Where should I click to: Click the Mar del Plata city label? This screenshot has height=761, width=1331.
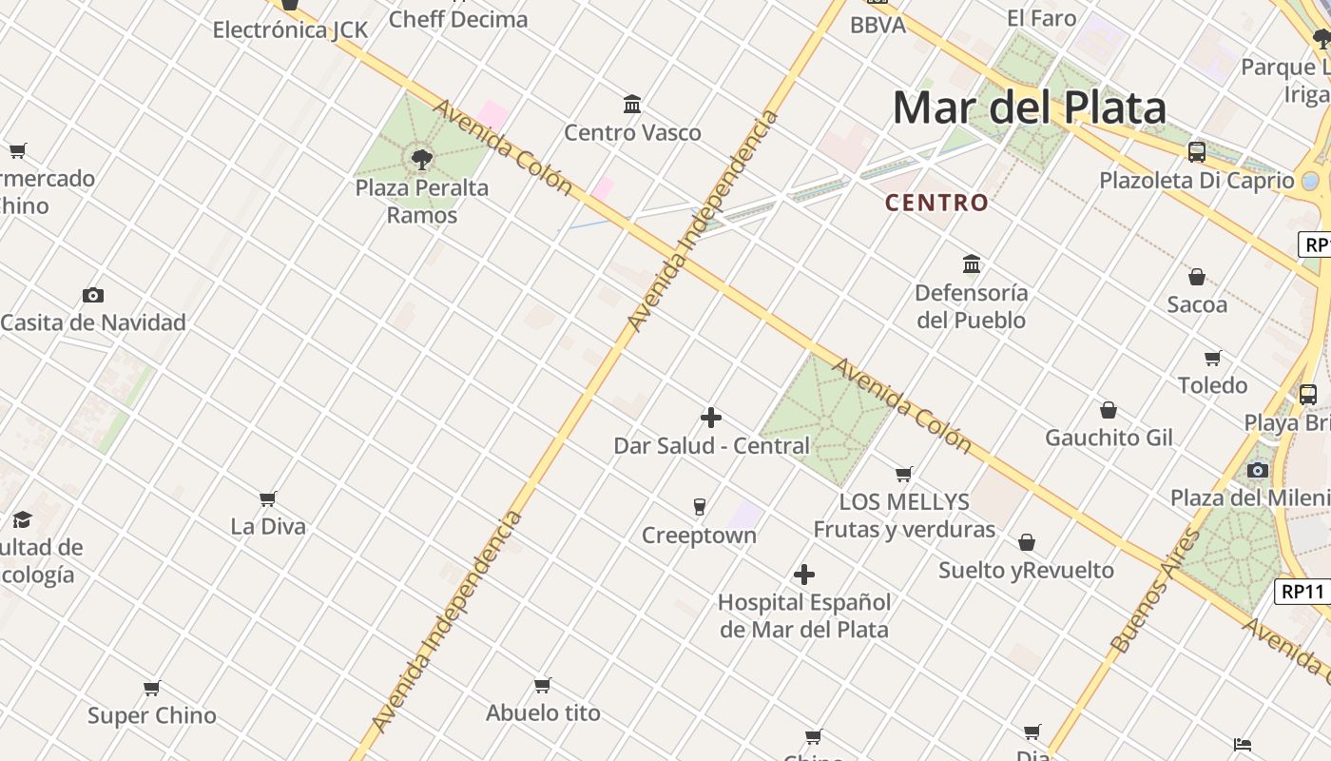click(1029, 107)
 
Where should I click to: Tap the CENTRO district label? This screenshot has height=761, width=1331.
click(936, 203)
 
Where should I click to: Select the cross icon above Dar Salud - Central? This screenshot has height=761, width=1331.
click(710, 418)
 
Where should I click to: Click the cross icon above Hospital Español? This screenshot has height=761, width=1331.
click(804, 575)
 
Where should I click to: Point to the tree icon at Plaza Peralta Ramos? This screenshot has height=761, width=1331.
click(422, 159)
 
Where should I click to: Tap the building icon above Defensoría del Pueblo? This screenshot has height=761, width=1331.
click(972, 263)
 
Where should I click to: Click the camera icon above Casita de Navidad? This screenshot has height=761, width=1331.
click(92, 295)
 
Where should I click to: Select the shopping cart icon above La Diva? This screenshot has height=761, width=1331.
click(268, 498)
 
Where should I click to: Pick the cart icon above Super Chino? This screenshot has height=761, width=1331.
click(151, 688)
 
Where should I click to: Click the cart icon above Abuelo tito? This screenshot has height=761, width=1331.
click(543, 685)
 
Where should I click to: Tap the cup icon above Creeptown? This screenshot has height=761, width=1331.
click(700, 507)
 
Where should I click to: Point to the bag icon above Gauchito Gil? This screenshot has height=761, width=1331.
click(1109, 410)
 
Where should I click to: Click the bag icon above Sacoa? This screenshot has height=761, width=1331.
click(1197, 277)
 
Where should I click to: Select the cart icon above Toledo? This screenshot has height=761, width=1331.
click(1212, 358)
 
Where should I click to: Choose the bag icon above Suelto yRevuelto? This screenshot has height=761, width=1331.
click(1027, 542)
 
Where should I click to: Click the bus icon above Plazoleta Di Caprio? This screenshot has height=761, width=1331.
click(1197, 152)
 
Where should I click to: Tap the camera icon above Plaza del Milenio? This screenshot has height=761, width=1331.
click(1258, 470)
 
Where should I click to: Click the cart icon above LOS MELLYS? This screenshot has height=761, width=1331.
click(904, 474)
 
